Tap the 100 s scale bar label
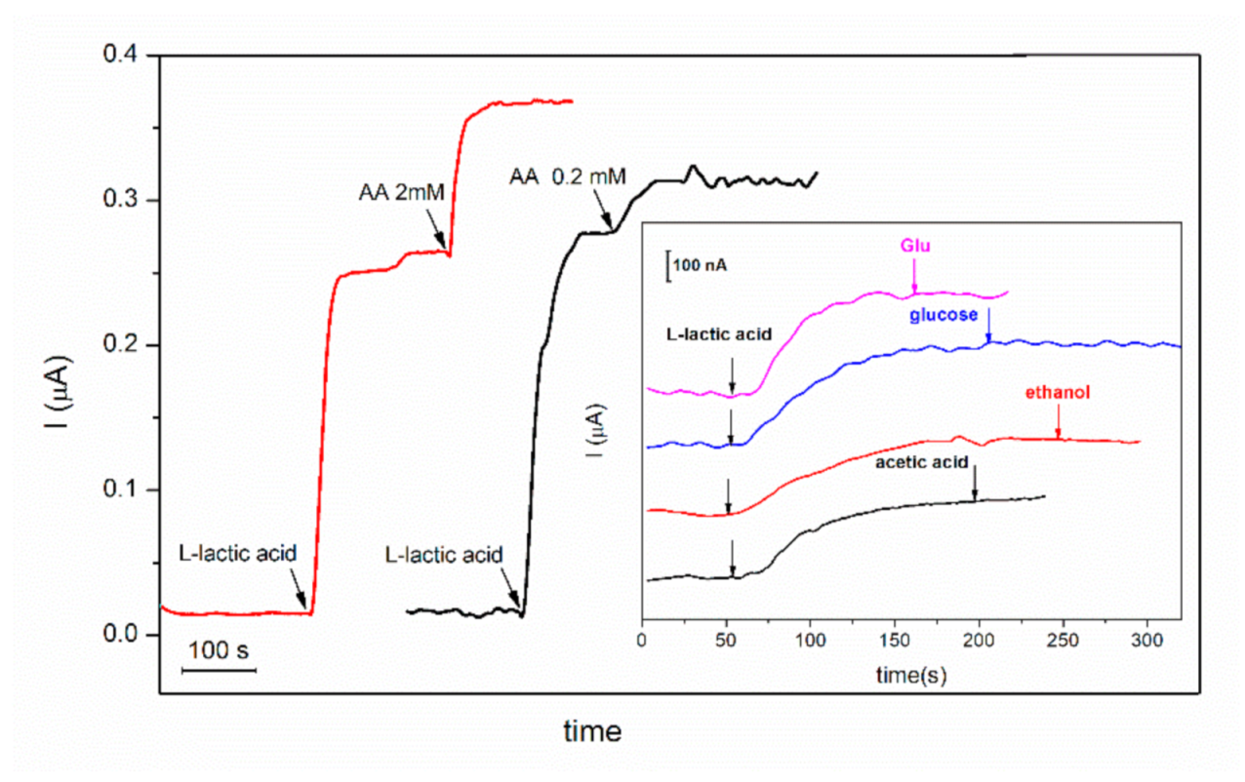click(x=220, y=649)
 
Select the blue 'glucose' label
click(x=945, y=314)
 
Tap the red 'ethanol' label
click(x=1058, y=393)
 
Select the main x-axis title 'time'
click(x=592, y=729)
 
